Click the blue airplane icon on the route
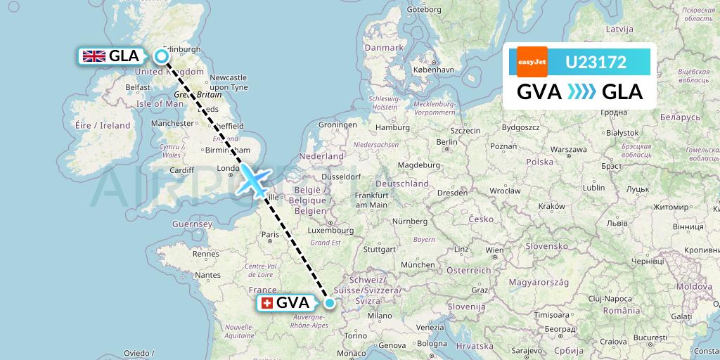point(253,179)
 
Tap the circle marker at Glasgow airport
point(162,57)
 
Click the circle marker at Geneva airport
point(330,303)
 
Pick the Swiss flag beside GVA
point(266,303)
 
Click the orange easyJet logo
point(532,62)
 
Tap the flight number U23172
point(596,62)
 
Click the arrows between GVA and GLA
point(581,92)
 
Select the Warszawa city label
point(569,150)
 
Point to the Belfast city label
point(139,87)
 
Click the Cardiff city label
point(181,169)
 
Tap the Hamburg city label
point(392,127)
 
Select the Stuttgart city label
point(381,249)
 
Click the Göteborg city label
point(425,11)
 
